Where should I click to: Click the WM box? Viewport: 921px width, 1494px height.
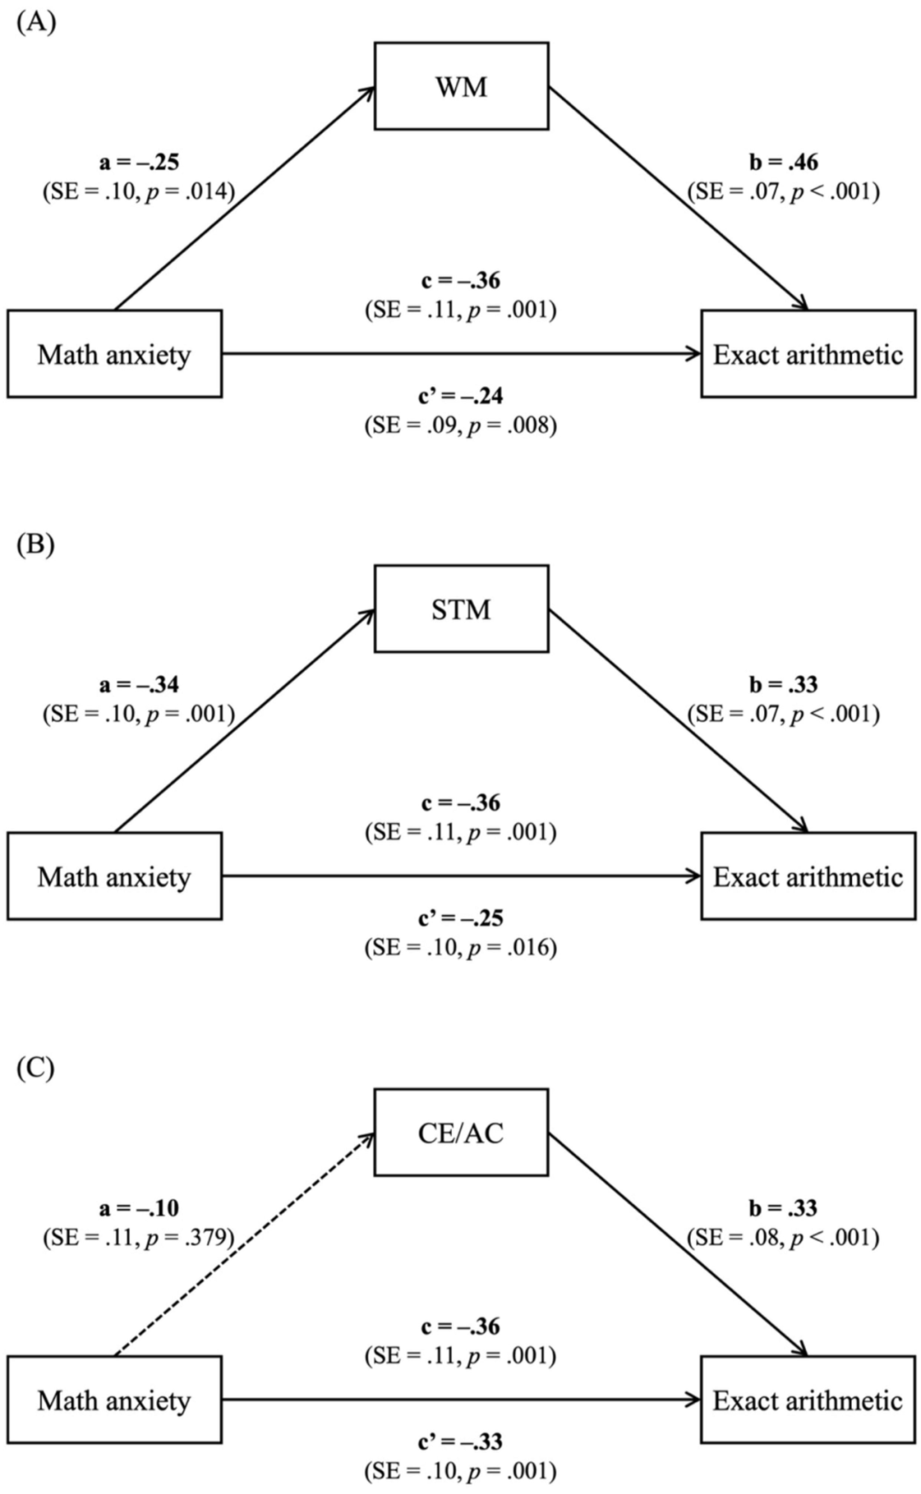pyautogui.click(x=461, y=86)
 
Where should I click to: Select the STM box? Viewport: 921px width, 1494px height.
pyautogui.click(x=461, y=609)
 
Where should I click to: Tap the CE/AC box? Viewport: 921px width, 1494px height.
pyautogui.click(x=461, y=1132)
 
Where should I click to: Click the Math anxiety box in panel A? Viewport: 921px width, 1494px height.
pyautogui.click(x=114, y=354)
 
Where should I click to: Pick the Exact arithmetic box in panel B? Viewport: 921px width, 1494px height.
pyautogui.click(x=808, y=877)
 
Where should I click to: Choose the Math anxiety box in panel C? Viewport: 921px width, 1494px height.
pyautogui.click(x=114, y=1400)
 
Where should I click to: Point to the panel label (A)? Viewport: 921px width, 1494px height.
pyautogui.click(x=36, y=22)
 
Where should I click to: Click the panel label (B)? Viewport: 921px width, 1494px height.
pyautogui.click(x=36, y=544)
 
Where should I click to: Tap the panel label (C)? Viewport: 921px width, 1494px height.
pyautogui.click(x=36, y=1068)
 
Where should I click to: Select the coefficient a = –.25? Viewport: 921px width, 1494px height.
pyautogui.click(x=139, y=162)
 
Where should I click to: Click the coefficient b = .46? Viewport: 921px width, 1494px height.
pyautogui.click(x=784, y=162)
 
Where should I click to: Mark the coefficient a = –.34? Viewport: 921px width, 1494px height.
pyautogui.click(x=139, y=685)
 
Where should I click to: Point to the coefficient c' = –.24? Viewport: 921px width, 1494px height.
pyautogui.click(x=460, y=396)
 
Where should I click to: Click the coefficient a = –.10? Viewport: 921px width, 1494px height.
pyautogui.click(x=139, y=1208)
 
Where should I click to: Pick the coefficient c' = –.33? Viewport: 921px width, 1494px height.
pyautogui.click(x=460, y=1442)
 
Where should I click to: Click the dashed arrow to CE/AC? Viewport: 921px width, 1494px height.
pyautogui.click(x=245, y=1244)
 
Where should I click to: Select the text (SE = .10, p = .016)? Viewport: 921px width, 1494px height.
pyautogui.click(x=461, y=947)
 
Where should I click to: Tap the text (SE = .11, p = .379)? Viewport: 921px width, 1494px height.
pyautogui.click(x=139, y=1237)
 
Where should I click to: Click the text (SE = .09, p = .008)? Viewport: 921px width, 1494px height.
pyautogui.click(x=461, y=425)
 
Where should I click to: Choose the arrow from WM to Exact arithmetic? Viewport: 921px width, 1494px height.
pyautogui.click(x=678, y=198)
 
